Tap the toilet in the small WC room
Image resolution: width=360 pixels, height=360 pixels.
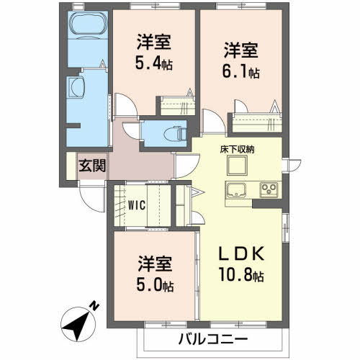(170, 132)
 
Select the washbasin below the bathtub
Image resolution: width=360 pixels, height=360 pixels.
(77, 90)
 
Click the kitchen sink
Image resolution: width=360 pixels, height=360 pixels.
(237, 190)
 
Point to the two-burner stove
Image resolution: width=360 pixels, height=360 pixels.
(269, 190)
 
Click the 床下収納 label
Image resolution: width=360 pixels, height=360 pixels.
(237, 149)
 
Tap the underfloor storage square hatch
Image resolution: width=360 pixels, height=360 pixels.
(237, 166)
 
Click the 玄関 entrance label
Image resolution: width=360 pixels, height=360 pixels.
(93, 165)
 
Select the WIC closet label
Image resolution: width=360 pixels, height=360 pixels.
(137, 204)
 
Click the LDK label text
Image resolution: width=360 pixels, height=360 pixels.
(242, 254)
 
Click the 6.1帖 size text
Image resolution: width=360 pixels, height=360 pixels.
(240, 72)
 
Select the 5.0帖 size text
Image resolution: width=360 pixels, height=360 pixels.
(153, 284)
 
